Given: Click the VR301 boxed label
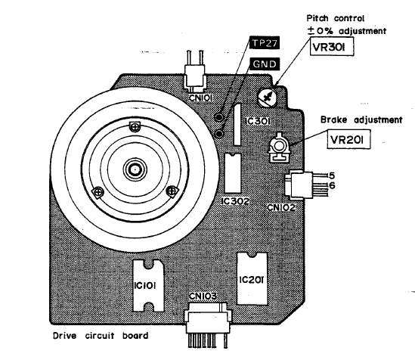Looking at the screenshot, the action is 332,47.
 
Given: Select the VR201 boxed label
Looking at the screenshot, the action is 348,139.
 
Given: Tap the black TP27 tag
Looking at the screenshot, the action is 265,43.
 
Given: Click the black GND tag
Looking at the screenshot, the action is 265,64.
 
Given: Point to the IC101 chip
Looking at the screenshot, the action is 148,286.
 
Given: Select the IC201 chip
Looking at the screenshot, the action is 252,278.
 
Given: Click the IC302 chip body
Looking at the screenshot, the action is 233,173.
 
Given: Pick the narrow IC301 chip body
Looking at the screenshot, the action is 237,124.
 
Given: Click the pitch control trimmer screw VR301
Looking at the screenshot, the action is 268,97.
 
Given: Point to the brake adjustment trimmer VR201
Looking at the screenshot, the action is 279,147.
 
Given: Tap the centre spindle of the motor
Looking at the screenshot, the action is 135,169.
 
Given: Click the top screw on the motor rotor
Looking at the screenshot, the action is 135,127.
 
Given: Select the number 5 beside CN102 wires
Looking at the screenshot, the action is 332,175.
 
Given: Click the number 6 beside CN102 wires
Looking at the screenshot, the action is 332,185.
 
